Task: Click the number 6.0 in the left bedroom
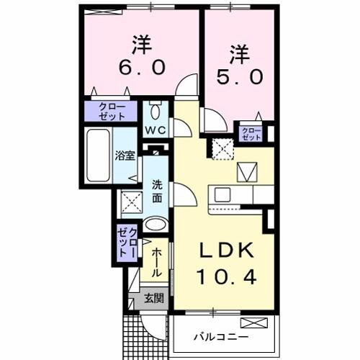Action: pyautogui.click(x=142, y=67)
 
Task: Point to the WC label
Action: pyautogui.click(x=157, y=130)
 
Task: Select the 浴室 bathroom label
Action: pyautogui.click(x=125, y=155)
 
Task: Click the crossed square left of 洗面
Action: pyautogui.click(x=130, y=201)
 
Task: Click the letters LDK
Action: pyautogui.click(x=225, y=250)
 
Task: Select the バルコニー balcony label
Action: pyautogui.click(x=221, y=337)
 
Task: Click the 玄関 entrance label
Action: pyautogui.click(x=152, y=297)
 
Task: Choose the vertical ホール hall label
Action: pyautogui.click(x=156, y=263)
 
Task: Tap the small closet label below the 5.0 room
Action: pyautogui.click(x=251, y=133)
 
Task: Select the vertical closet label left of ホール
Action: pyautogui.click(x=127, y=243)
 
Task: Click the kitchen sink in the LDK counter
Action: pyautogui.click(x=222, y=194)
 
